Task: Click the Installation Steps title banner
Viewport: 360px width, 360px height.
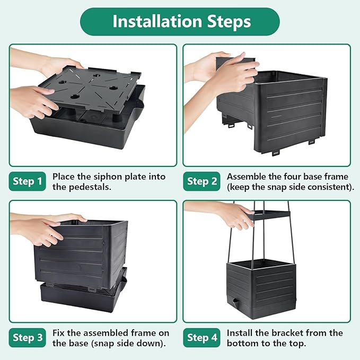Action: pos(180,22)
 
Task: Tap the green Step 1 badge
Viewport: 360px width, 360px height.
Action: pos(28,181)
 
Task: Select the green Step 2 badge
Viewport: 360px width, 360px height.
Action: pos(202,181)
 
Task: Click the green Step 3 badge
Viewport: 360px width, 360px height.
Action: pos(28,338)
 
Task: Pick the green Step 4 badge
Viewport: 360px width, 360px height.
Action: pos(202,338)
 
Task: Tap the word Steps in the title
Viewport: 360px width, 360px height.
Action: pos(229,22)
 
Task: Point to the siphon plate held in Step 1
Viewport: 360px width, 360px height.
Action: pos(90,90)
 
